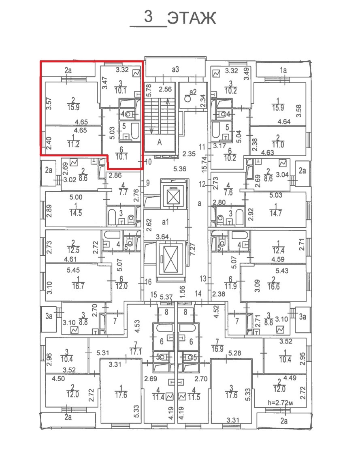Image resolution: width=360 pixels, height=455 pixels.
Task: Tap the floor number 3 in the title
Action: [148, 16]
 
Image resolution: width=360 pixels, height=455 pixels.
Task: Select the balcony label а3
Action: [175, 69]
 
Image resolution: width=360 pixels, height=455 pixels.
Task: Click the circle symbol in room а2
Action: [187, 98]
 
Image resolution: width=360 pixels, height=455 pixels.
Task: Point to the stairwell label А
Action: [159, 143]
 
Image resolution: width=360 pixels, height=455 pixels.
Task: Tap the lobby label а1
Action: [165, 222]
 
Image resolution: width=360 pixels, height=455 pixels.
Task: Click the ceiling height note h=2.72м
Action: [280, 402]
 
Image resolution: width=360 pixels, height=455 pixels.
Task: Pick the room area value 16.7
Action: [78, 286]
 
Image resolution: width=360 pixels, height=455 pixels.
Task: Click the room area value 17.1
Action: [136, 351]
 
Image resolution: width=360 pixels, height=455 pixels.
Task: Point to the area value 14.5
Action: [76, 213]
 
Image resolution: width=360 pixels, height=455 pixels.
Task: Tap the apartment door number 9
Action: [148, 183]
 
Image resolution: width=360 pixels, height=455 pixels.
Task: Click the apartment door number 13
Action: [203, 279]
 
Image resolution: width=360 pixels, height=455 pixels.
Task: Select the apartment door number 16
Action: [148, 282]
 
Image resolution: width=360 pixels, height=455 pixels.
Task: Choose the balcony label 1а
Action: [283, 70]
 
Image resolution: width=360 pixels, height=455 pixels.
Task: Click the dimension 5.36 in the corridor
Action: [179, 169]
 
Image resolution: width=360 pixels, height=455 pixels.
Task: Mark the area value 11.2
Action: [73, 144]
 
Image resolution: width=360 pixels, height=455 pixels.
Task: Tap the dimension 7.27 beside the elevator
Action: [192, 249]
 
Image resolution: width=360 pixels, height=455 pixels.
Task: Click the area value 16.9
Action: [217, 348]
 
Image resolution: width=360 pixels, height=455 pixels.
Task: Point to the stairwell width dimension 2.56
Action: [165, 89]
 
